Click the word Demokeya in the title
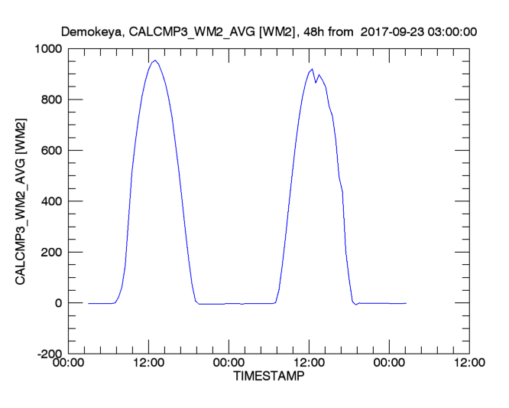click(x=92, y=31)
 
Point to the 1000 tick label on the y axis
click(x=49, y=48)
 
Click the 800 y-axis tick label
click(x=53, y=100)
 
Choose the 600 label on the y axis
click(x=53, y=150)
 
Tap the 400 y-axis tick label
click(x=53, y=201)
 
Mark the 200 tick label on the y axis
click(x=53, y=252)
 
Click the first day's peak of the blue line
click(x=155, y=60)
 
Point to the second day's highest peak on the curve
click(x=312, y=69)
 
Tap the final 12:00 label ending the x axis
click(x=467, y=363)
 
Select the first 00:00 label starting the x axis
click(x=69, y=363)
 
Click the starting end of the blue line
click(x=89, y=303)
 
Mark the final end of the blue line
click(x=406, y=303)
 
